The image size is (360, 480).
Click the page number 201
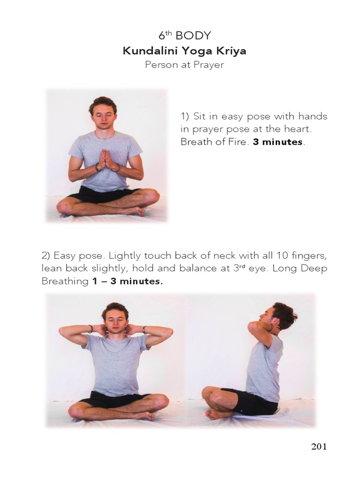(x=319, y=446)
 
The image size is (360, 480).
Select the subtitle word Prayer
(x=209, y=65)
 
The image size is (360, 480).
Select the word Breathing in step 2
(x=65, y=282)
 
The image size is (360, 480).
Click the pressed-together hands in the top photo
(x=107, y=160)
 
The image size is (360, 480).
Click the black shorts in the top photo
(x=101, y=194)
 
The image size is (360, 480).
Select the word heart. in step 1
(x=298, y=129)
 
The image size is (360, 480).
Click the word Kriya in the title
(x=229, y=51)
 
